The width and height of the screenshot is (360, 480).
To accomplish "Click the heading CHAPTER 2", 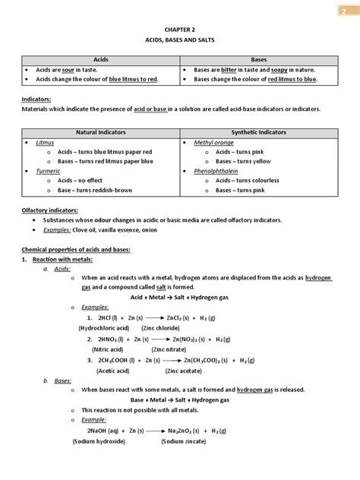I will (180, 27).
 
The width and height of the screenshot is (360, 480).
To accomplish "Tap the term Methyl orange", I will (214, 142).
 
